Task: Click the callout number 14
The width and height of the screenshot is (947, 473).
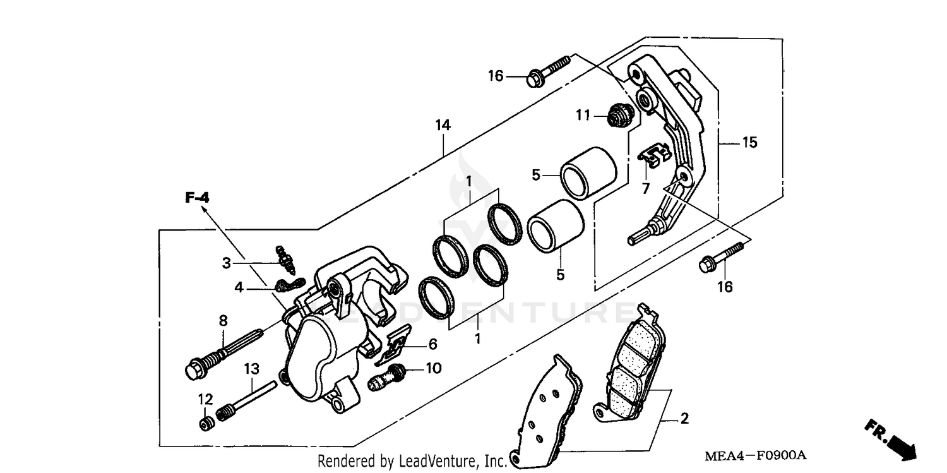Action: (x=443, y=126)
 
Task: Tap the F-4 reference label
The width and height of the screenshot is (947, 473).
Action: (x=197, y=198)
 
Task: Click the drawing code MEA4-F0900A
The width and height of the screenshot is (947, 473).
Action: (x=757, y=455)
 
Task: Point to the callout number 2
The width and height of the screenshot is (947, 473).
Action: (x=684, y=419)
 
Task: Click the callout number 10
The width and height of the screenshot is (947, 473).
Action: (x=433, y=368)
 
